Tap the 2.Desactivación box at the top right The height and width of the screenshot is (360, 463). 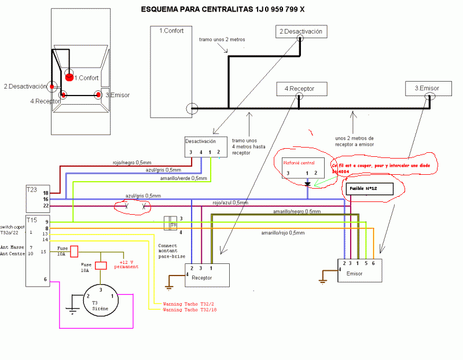point(299,32)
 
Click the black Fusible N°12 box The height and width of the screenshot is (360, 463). point(369,189)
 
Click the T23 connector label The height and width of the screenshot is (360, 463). point(32,189)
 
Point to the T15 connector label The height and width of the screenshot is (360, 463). point(32,220)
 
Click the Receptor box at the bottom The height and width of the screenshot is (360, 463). point(207,275)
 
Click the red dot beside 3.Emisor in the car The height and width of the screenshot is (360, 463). point(98,94)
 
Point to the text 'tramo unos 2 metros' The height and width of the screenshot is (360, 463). point(222,40)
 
